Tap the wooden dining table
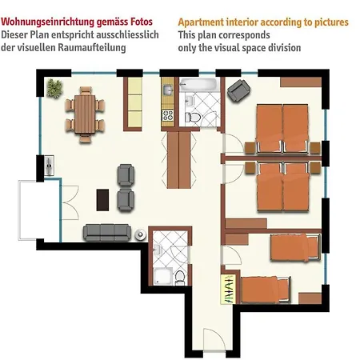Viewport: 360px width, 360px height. [x=86, y=113]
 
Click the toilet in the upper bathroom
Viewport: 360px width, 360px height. [x=193, y=117]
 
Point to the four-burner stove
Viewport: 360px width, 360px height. [x=168, y=117]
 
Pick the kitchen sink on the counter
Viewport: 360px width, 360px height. [x=168, y=90]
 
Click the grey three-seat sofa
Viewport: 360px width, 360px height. [x=106, y=232]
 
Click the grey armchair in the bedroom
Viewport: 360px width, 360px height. [x=237, y=91]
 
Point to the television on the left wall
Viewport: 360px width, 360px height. [x=50, y=166]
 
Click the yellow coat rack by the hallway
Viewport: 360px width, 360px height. [x=228, y=290]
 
